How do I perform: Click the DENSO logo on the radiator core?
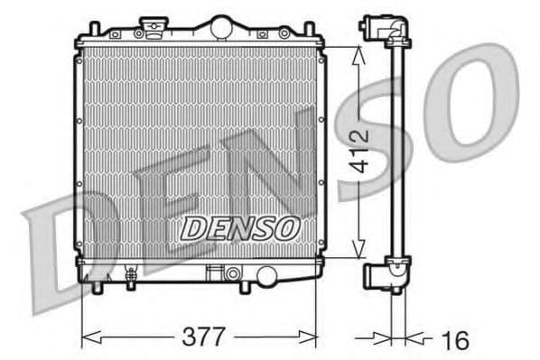point(238,229)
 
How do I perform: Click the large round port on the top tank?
point(219,29)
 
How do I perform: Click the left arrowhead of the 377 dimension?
point(88,338)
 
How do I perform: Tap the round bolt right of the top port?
point(284,33)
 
